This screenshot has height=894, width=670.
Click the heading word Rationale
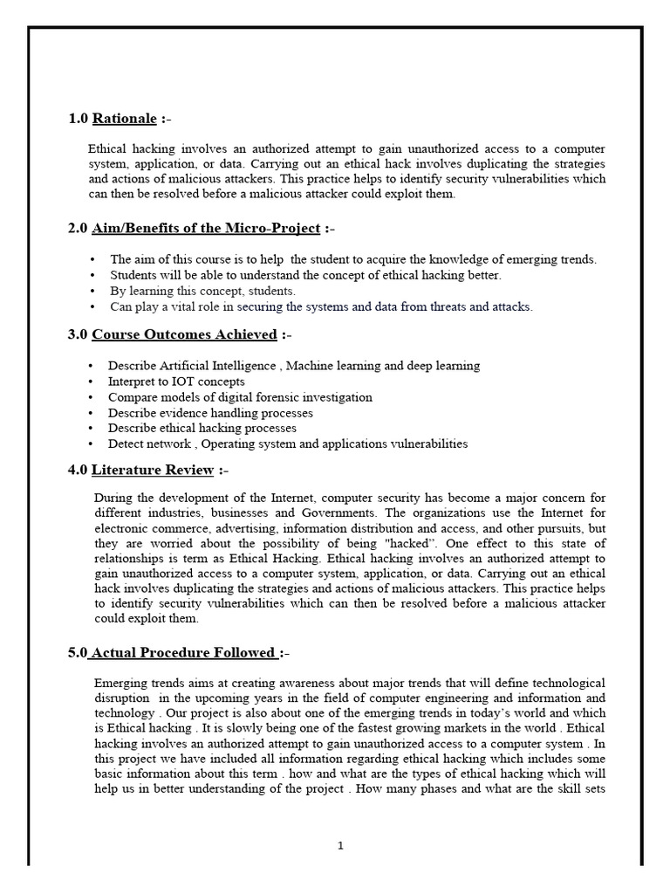[x=125, y=118]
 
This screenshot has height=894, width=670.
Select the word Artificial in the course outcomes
[x=176, y=366]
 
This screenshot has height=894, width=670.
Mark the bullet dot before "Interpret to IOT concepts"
[x=92, y=382]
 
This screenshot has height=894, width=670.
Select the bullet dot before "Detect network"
[x=92, y=444]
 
